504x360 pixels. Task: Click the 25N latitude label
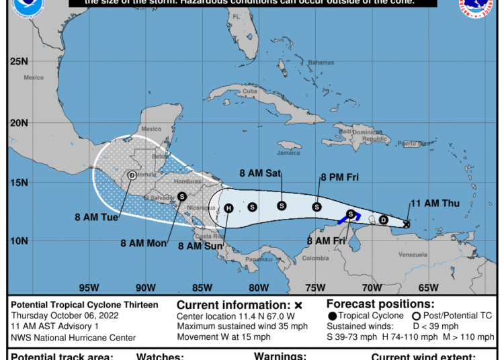point(18,62)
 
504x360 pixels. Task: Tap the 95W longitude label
point(88,287)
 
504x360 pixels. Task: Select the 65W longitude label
point(428,287)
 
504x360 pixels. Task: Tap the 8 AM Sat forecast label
point(260,173)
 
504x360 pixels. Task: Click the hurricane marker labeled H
point(228,208)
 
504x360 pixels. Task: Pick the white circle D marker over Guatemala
point(132,175)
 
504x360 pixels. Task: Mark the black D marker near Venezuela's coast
point(384,220)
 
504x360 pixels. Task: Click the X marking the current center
point(407,224)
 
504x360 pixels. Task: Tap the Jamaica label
point(288,152)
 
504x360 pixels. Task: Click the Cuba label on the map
point(250,91)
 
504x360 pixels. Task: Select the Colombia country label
point(315,258)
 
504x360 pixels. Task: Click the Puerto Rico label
point(409,143)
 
